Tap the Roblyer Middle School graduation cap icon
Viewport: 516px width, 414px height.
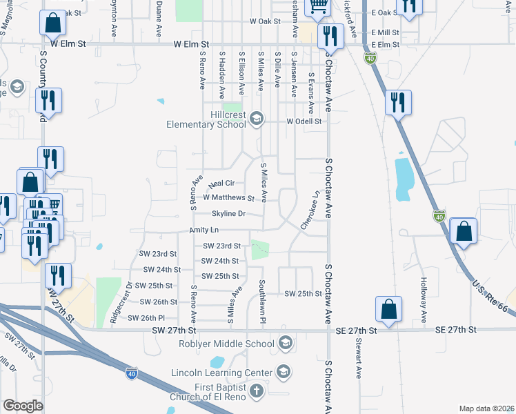click(x=285, y=343)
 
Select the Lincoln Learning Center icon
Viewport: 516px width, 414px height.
click(x=281, y=373)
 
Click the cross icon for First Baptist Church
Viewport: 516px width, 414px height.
click(x=256, y=393)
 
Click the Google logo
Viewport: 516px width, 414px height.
click(x=23, y=405)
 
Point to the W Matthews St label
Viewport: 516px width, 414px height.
click(x=229, y=198)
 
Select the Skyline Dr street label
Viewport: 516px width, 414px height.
click(x=228, y=214)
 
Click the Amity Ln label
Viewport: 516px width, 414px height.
click(x=204, y=230)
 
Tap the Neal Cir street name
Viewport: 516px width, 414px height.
click(x=222, y=184)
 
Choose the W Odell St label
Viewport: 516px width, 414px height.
click(x=304, y=121)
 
